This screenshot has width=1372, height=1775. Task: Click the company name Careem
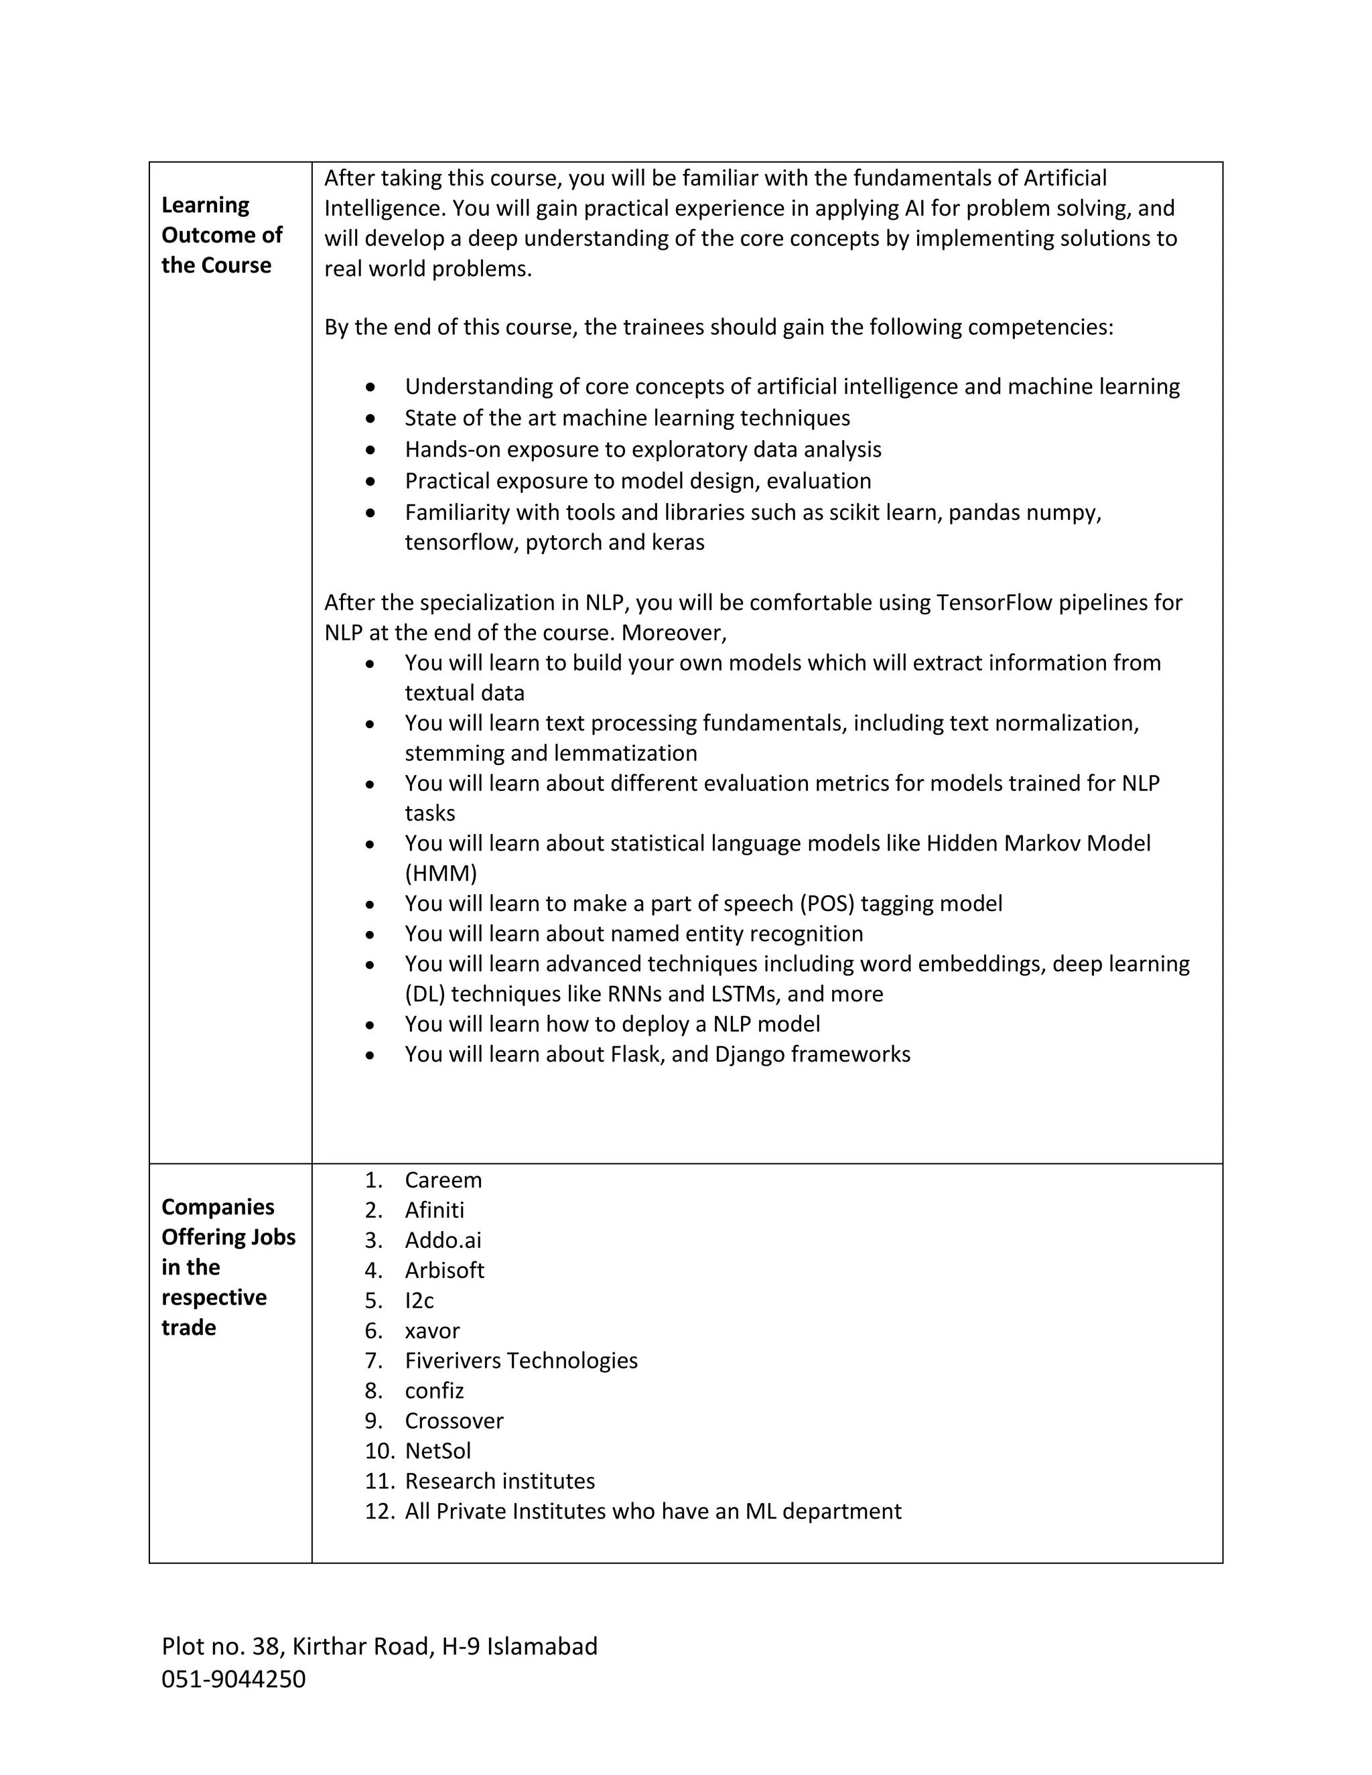443,1180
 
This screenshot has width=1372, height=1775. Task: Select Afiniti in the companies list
434,1210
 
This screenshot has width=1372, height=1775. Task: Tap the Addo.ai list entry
443,1240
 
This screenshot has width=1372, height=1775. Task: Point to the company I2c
419,1300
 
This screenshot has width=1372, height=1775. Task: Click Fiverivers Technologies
521,1360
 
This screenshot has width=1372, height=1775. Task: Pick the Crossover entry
454,1421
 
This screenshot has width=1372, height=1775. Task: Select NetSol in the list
437,1451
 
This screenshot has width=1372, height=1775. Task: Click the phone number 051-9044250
233,1679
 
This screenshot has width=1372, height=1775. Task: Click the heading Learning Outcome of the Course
221,235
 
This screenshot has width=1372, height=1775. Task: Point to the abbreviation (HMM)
441,873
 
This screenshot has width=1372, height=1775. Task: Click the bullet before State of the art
370,419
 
